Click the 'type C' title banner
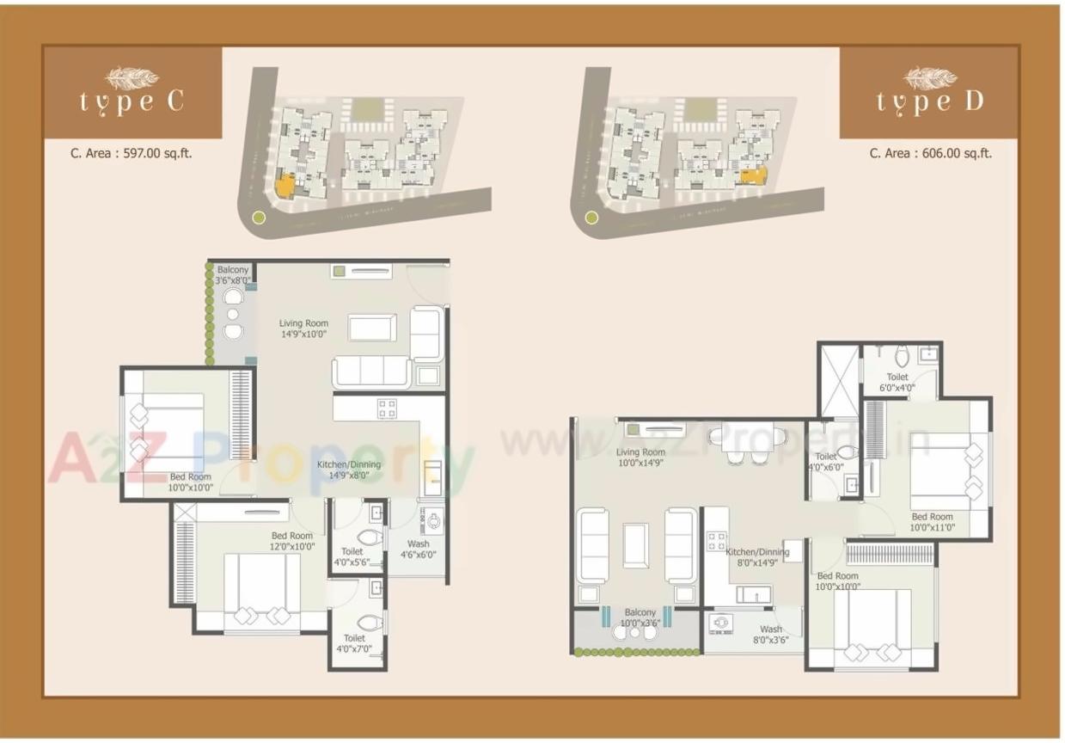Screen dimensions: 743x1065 pos(132,92)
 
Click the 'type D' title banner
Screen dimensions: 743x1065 pos(929,92)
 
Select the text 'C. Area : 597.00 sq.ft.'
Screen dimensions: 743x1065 pos(132,153)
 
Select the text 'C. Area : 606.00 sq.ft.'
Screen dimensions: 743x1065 pos(930,153)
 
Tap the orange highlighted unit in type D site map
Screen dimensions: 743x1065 pos(753,175)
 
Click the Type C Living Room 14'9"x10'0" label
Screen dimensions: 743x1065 pos(303,329)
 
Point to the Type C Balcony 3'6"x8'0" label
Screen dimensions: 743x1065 pos(232,275)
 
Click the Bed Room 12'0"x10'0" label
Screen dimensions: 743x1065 pos(292,541)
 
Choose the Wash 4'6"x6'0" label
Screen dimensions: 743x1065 pos(419,550)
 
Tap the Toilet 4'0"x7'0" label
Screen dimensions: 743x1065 pos(354,643)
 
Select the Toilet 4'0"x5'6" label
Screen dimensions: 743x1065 pos(352,557)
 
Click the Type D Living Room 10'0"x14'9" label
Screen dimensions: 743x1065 pos(640,457)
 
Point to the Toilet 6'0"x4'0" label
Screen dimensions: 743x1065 pos(897,382)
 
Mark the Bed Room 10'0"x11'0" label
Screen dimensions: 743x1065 pos(933,522)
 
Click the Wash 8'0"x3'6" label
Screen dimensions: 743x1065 pos(771,635)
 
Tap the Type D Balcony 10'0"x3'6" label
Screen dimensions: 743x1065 pos(640,617)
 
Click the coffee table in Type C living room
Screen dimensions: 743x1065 pos(372,328)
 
